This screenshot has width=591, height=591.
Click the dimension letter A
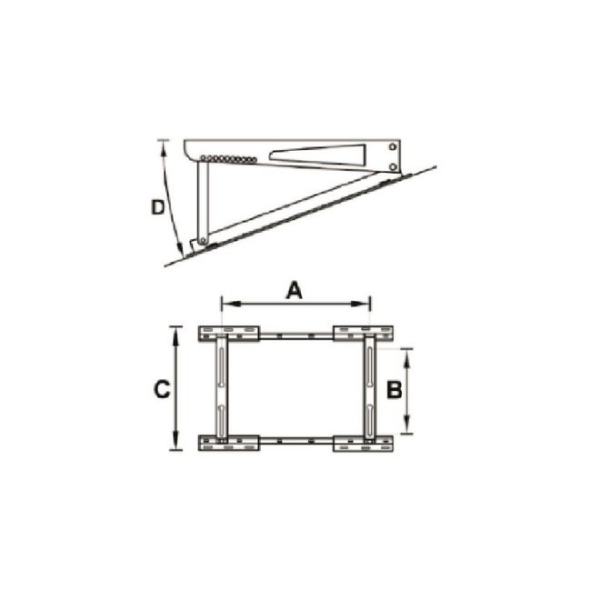coord(293,290)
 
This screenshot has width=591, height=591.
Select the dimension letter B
coord(393,390)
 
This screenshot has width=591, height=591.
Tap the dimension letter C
coord(161,390)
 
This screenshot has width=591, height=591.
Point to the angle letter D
coord(157,206)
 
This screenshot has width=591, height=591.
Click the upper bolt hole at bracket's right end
coord(392,147)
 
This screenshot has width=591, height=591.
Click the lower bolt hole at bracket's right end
coord(392,166)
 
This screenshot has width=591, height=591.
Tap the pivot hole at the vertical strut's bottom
coord(203,241)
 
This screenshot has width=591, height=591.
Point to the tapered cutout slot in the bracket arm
coord(318,155)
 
